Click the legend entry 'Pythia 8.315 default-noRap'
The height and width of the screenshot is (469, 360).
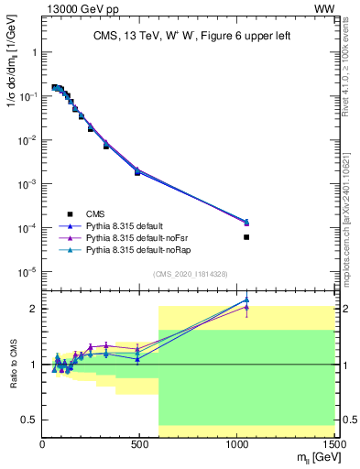pos(135,249)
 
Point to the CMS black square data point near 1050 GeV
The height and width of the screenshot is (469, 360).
pos(246,237)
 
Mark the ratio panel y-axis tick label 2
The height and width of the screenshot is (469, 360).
pos(34,309)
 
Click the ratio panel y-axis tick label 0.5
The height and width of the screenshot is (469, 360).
pos(30,420)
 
